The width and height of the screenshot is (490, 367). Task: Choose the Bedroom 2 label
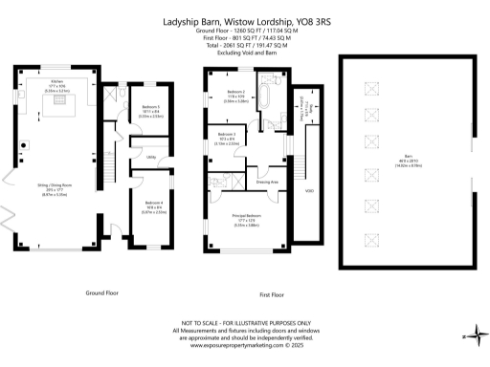(236, 94)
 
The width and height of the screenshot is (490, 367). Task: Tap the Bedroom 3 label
(227, 135)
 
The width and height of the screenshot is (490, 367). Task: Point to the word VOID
(309, 190)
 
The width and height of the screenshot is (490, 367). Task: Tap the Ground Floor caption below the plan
(101, 291)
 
